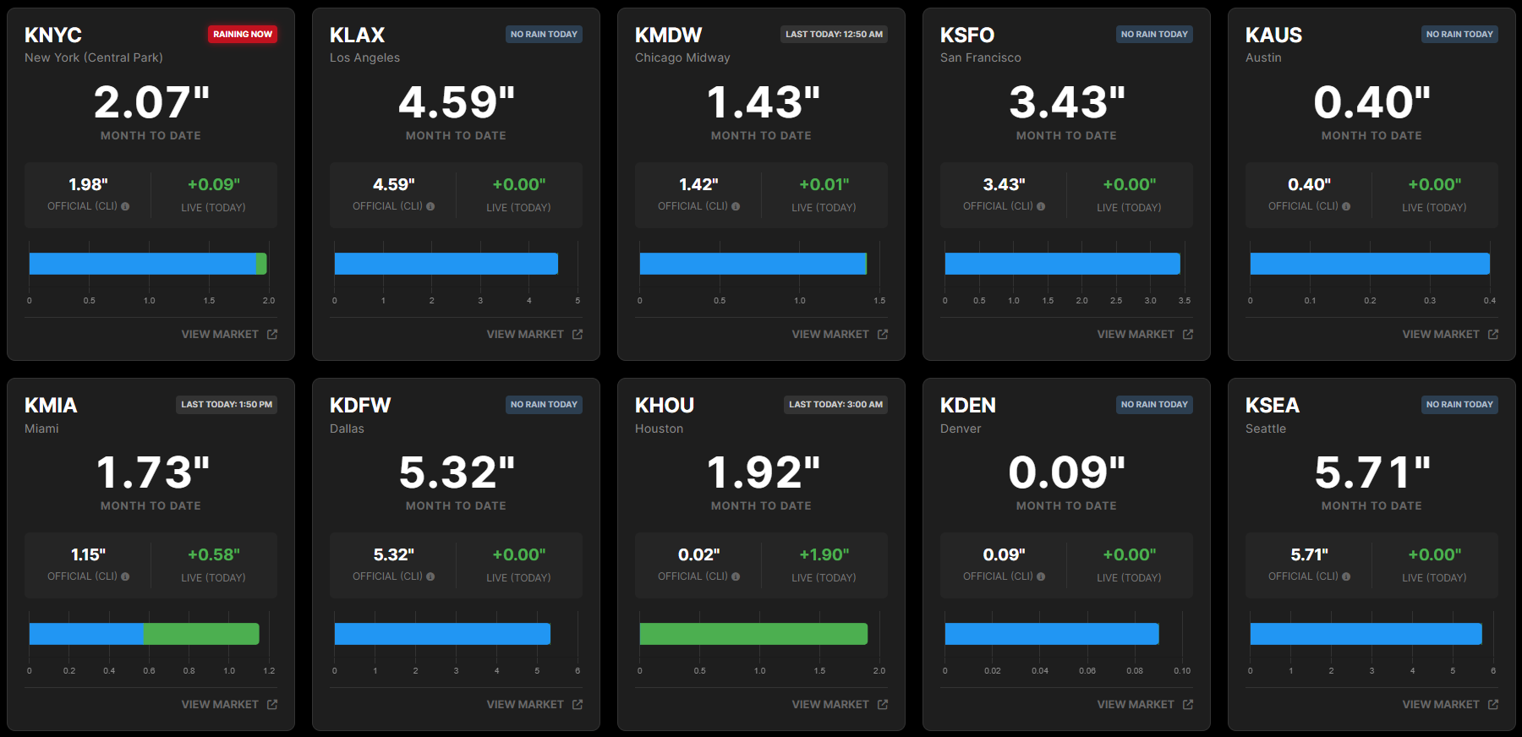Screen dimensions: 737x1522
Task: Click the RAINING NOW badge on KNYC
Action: click(243, 34)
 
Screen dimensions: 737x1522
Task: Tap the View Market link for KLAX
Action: click(534, 335)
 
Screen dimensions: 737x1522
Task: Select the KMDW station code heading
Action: click(668, 35)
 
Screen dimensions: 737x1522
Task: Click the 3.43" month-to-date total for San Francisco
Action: click(1066, 103)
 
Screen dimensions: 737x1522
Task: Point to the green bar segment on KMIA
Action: click(201, 634)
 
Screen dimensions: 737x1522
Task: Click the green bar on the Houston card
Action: click(753, 634)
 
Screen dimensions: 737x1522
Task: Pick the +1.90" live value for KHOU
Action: click(824, 554)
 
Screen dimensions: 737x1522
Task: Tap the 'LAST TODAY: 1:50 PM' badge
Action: click(227, 404)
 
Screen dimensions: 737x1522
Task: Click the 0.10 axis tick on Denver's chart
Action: click(1182, 671)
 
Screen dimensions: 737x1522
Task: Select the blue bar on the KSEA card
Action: click(1366, 634)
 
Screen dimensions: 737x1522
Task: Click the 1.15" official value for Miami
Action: click(88, 554)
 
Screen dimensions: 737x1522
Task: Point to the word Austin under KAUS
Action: click(1263, 57)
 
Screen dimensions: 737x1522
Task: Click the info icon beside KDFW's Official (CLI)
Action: click(430, 576)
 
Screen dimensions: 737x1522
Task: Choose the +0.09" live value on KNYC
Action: click(213, 184)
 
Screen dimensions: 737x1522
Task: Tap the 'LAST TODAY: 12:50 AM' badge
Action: click(834, 34)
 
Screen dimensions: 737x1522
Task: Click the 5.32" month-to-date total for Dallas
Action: click(457, 472)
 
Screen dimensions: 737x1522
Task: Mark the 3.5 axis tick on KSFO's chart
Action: click(1185, 301)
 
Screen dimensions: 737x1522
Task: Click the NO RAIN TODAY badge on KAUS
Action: click(1459, 34)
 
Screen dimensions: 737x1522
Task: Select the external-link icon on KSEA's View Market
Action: click(1493, 705)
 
